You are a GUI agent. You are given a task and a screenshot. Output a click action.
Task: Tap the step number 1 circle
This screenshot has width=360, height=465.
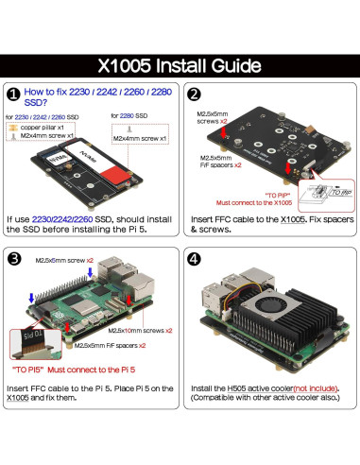[x=13, y=95]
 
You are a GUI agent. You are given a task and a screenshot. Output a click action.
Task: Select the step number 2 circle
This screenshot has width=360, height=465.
[x=194, y=95]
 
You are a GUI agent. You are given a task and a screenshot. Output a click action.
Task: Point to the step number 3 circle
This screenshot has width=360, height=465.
[x=13, y=259]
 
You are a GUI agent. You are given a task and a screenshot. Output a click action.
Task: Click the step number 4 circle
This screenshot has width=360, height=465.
[x=194, y=259]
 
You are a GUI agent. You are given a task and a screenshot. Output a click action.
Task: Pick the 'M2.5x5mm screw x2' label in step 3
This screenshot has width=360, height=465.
[x=65, y=259]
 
